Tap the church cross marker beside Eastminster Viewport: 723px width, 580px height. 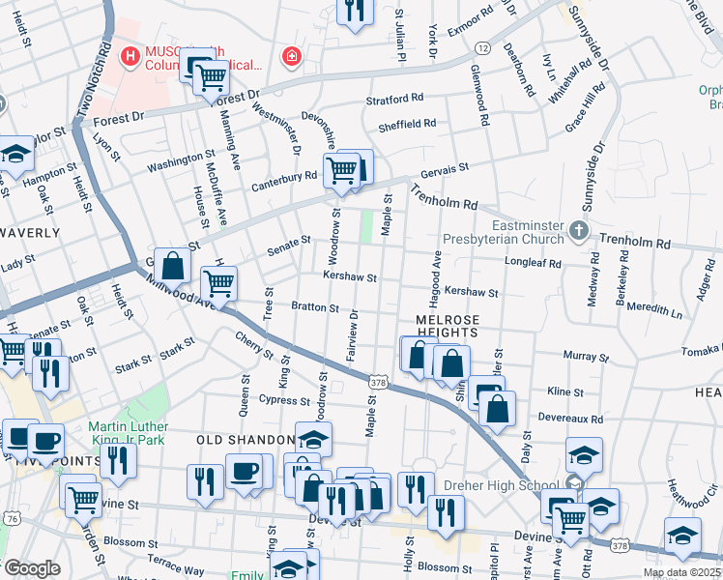click(578, 231)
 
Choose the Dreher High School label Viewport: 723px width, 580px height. click(501, 486)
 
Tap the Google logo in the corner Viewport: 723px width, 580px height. click(31, 568)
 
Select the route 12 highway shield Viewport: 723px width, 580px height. click(481, 47)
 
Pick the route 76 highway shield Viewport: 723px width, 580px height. click(10, 518)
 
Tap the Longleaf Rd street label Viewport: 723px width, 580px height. click(534, 261)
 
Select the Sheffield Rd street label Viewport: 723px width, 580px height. click(407, 124)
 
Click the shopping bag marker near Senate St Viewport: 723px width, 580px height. click(172, 265)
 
